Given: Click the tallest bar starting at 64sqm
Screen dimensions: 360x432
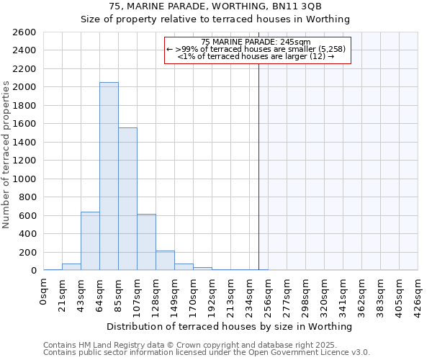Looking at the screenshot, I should point(109,176).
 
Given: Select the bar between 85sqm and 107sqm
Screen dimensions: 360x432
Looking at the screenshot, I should point(127,199).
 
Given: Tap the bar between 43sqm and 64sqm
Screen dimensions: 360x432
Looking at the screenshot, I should point(90,240).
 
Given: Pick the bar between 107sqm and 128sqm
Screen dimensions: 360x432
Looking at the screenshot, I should point(146,242).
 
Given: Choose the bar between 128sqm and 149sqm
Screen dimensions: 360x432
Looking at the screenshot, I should point(165,261).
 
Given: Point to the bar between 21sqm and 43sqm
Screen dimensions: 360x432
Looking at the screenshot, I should point(71,266).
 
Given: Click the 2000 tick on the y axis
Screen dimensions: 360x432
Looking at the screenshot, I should point(27,87).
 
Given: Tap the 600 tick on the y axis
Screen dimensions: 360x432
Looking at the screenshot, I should point(30,215).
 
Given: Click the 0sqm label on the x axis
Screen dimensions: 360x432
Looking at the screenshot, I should point(44,291).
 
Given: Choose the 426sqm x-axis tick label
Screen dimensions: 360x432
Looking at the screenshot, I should point(418,294).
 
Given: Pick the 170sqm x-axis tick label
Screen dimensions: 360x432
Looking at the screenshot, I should point(194,294).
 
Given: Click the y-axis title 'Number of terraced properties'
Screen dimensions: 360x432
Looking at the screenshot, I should point(6,155).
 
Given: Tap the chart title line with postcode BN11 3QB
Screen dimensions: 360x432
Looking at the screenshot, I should point(215,7).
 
